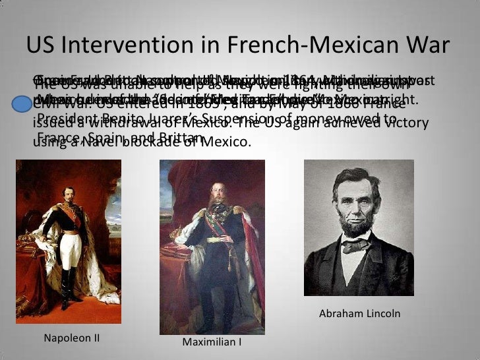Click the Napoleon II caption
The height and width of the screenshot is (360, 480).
coord(71,338)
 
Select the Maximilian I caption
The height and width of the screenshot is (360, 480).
coord(212,343)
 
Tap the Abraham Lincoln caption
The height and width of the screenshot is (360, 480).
coord(359,314)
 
